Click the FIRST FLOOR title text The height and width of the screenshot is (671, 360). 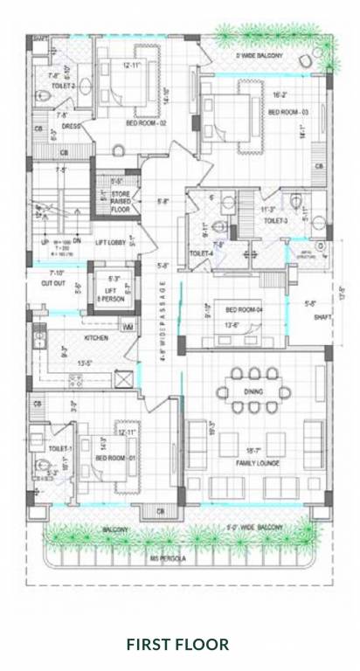pyautogui.click(x=177, y=645)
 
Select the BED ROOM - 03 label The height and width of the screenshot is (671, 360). pyautogui.click(x=287, y=113)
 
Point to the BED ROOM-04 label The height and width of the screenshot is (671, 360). pyautogui.click(x=245, y=310)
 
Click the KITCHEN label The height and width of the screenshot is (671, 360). pyautogui.click(x=95, y=336)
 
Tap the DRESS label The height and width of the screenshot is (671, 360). pyautogui.click(x=71, y=126)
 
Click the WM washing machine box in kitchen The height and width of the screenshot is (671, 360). pyautogui.click(x=128, y=327)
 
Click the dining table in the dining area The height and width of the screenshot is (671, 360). pyautogui.click(x=254, y=391)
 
